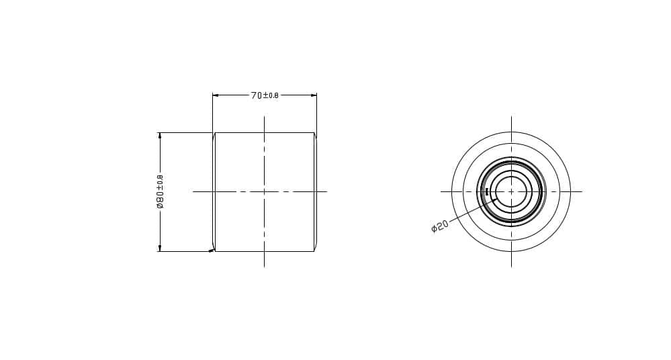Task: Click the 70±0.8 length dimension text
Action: (x=265, y=95)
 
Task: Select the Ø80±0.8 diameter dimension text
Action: (x=160, y=191)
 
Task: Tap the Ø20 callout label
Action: (x=439, y=226)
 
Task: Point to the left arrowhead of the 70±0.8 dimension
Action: (x=216, y=95)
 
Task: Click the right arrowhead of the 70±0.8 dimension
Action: (x=314, y=95)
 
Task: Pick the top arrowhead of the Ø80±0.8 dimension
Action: (x=160, y=136)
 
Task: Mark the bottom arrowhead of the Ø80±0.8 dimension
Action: (x=160, y=248)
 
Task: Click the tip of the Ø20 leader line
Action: (x=496, y=199)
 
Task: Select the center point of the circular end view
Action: (x=511, y=191)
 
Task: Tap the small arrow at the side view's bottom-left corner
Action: (x=212, y=251)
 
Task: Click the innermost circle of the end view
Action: (x=511, y=176)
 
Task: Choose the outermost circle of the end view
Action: (x=511, y=132)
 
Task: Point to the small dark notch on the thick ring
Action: (x=486, y=191)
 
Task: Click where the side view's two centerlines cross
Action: (x=264, y=191)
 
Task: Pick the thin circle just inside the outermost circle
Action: (x=511, y=144)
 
